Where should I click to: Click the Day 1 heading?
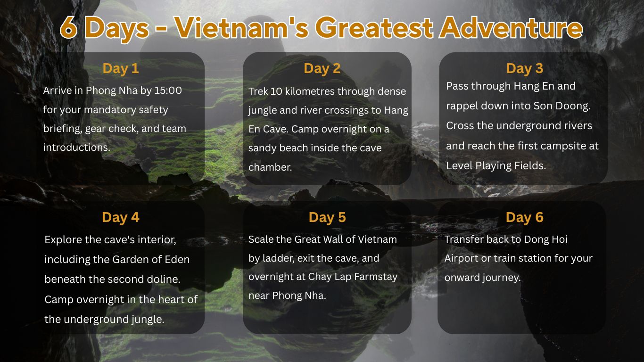click(121, 68)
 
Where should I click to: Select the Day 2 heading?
click(322, 68)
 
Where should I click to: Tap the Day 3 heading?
click(524, 68)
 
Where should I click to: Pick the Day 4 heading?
click(121, 217)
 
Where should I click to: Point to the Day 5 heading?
click(327, 217)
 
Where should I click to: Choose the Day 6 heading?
click(524, 217)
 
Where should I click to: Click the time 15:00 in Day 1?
click(168, 90)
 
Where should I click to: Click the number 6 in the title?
click(69, 28)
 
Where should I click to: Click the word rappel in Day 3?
click(462, 106)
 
